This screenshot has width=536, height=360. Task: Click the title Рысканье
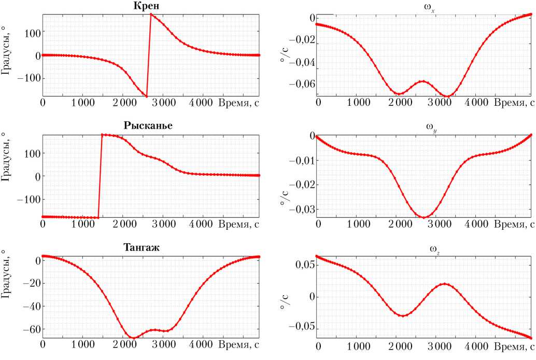(149, 126)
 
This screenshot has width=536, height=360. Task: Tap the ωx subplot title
(426, 6)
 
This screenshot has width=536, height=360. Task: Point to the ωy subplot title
(426, 127)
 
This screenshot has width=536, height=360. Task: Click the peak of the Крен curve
(151, 14)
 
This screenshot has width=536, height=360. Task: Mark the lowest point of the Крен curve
(147, 96)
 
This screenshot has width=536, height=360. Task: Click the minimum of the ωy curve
(424, 217)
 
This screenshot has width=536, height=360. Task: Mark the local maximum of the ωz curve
(444, 283)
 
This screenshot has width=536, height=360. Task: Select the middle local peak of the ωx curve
(423, 81)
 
